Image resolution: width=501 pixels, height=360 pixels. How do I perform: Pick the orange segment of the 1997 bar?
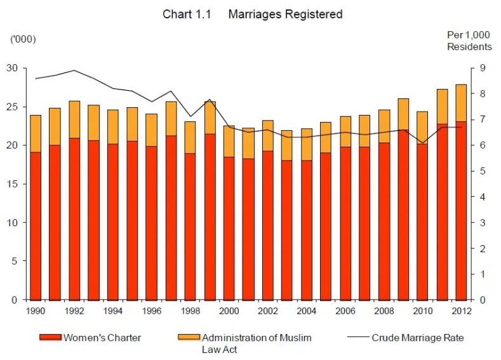[171, 119]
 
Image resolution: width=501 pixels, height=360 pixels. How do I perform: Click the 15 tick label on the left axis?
[13, 184]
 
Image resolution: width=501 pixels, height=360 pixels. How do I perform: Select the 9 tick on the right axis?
[482, 68]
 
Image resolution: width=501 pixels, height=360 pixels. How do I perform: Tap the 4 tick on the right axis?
[482, 197]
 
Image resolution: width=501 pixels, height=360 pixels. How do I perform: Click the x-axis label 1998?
[190, 310]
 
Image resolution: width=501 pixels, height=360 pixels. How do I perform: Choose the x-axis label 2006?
[345, 310]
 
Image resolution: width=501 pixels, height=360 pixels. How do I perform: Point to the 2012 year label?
[462, 310]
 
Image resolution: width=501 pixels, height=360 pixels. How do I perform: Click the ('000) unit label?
[23, 39]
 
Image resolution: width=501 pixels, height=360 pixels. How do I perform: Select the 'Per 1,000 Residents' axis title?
[469, 41]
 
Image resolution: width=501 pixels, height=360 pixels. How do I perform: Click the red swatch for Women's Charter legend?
[50, 338]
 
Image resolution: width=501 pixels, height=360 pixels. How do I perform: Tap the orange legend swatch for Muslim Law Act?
[189, 338]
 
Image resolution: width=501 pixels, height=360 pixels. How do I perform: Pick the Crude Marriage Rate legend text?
[417, 338]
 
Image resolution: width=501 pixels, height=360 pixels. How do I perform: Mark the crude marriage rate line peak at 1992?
[74, 70]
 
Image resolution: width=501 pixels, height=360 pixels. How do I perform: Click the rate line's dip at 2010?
[422, 143]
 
